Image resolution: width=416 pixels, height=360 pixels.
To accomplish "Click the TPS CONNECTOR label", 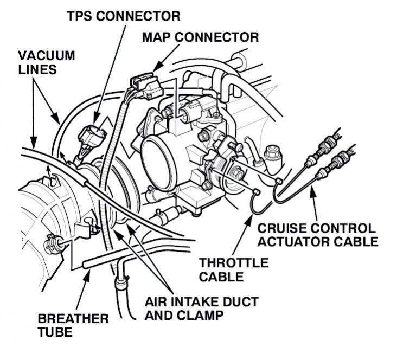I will click(x=123, y=16).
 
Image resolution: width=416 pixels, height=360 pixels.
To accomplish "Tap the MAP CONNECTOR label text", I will click(x=200, y=37).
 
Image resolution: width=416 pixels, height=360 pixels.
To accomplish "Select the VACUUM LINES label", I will click(x=46, y=63).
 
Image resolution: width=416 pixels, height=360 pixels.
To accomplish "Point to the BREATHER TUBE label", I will click(x=73, y=325).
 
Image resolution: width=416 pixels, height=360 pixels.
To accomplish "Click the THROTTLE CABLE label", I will click(x=233, y=270).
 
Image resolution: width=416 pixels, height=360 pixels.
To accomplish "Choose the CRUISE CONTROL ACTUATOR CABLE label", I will click(x=317, y=235).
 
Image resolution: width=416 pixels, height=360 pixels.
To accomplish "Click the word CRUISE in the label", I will click(x=282, y=228).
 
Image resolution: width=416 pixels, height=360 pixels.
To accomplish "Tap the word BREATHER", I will click(x=73, y=318).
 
